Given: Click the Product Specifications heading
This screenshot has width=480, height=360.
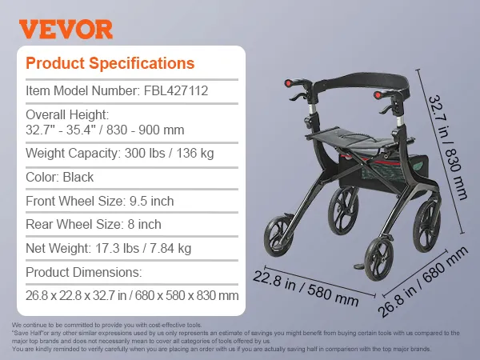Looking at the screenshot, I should pos(110,63).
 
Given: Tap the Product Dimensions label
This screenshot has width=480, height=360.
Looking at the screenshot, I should pos(83,272).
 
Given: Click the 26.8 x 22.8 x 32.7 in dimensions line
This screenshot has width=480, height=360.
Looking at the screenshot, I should pos(132,295).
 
